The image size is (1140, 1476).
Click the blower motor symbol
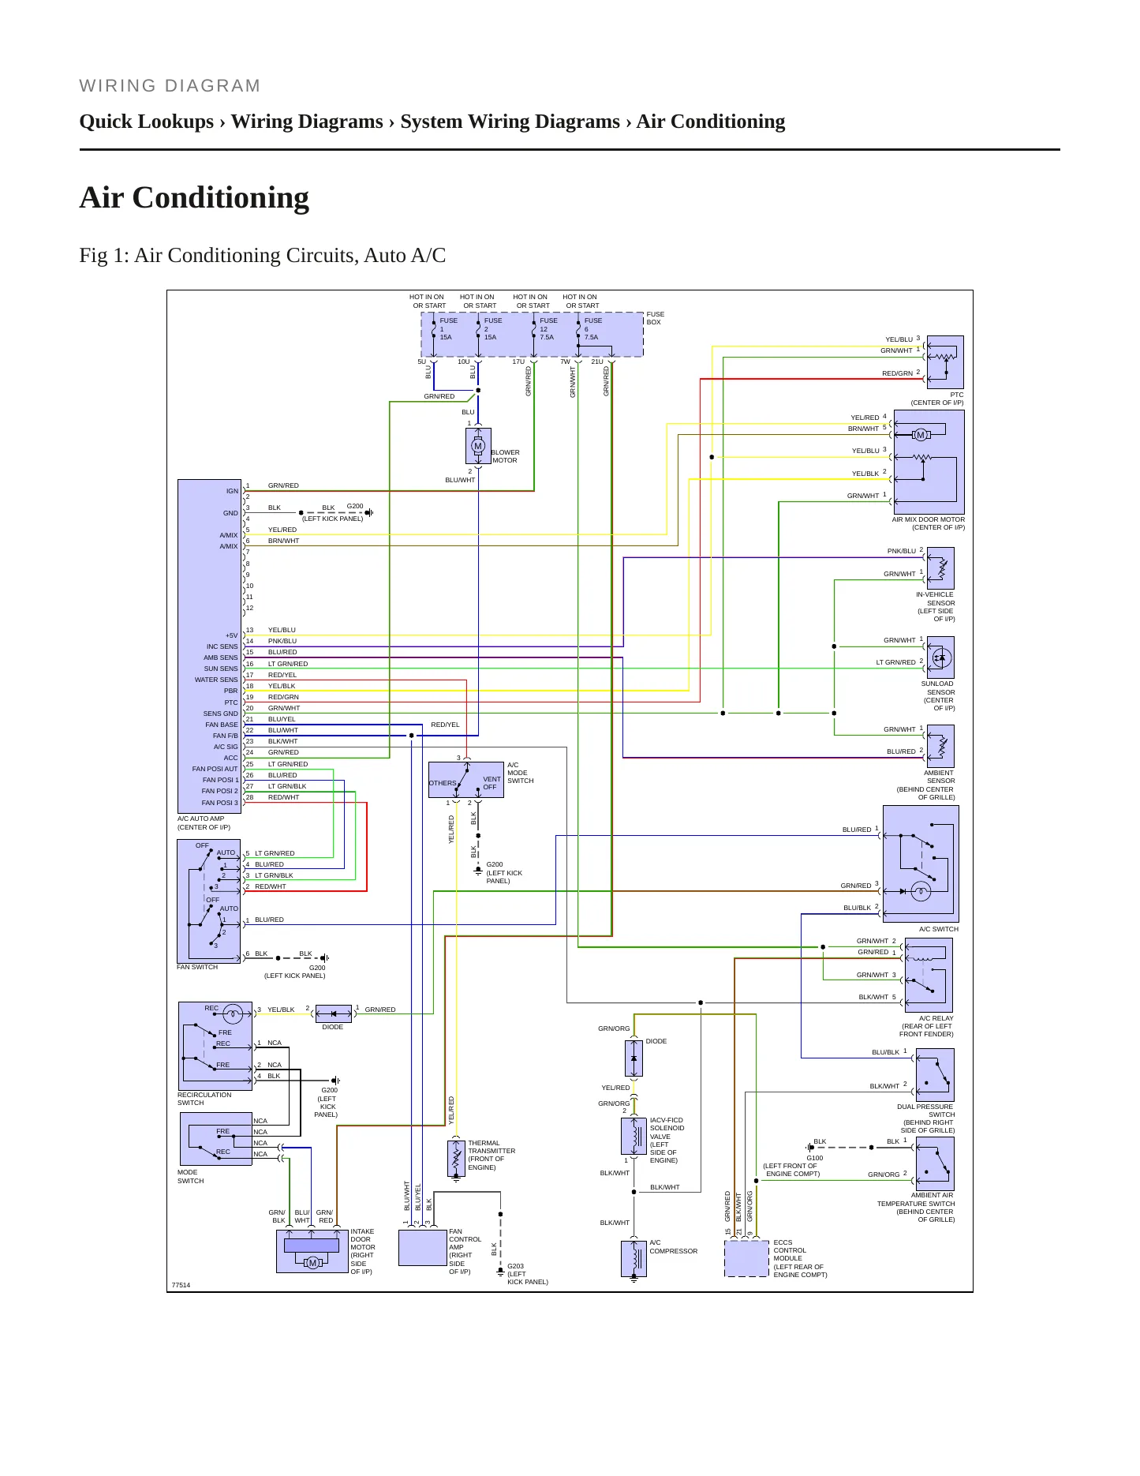click(x=478, y=446)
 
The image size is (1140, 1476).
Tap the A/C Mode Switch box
click(x=466, y=780)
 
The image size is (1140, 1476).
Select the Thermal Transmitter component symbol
click(x=456, y=1158)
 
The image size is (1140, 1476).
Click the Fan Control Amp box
click(x=423, y=1248)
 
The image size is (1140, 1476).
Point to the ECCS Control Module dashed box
click(x=746, y=1258)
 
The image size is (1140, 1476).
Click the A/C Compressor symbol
click(x=634, y=1259)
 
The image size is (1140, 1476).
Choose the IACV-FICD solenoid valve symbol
click(x=634, y=1137)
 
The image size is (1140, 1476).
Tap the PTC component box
click(x=945, y=362)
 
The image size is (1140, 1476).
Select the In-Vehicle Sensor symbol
click(x=940, y=568)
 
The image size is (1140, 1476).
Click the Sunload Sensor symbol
click(x=940, y=657)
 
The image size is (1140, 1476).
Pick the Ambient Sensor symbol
click(x=940, y=746)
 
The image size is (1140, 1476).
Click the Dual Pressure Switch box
click(x=935, y=1075)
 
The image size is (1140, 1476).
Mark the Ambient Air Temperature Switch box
click(x=935, y=1164)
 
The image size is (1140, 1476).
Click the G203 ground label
click(x=515, y=1266)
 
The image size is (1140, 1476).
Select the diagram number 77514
click(x=181, y=1285)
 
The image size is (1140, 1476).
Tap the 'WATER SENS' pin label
click(x=216, y=680)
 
